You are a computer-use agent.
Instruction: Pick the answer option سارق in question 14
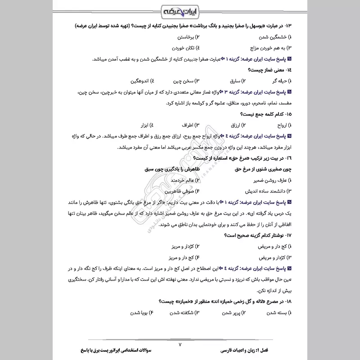tap(229, 81)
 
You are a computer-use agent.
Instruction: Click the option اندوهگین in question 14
tap(137, 81)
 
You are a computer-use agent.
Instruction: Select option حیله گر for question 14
tap(274, 81)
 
